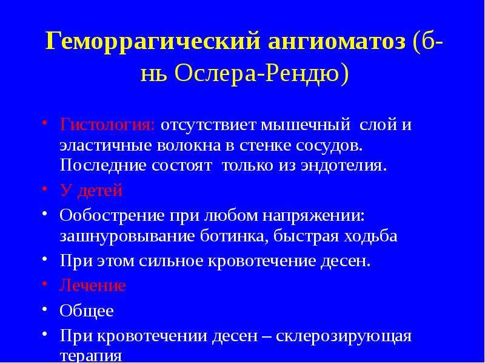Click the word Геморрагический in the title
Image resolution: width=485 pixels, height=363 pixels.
point(153,41)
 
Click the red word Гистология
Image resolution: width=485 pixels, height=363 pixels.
point(107,126)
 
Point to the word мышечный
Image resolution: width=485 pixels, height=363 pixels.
point(306,126)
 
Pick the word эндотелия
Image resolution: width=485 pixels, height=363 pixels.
point(344,166)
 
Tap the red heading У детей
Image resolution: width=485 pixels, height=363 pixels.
point(92,191)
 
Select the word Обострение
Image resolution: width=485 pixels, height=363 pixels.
point(112,215)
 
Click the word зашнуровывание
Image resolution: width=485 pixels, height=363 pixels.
point(127,236)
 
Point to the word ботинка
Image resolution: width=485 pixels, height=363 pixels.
point(234,237)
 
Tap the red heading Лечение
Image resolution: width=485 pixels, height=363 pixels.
point(93,285)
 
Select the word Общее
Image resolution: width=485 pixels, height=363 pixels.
point(87,311)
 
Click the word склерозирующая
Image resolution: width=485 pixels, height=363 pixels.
point(343,336)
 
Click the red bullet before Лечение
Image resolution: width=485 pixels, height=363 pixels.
point(45,283)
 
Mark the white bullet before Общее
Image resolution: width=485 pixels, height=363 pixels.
point(45,309)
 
